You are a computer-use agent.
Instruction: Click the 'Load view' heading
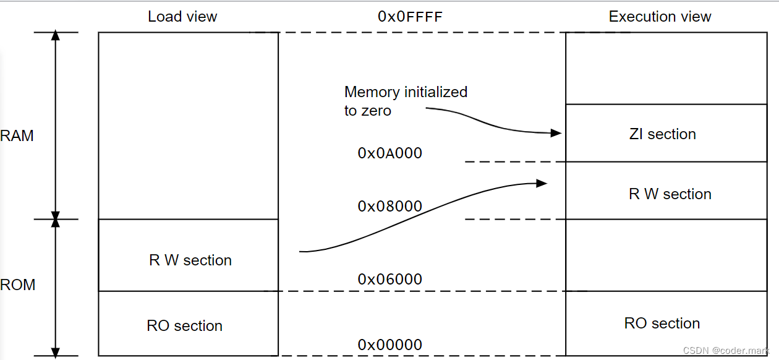click(x=182, y=17)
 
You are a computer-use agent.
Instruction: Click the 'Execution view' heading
click(x=660, y=17)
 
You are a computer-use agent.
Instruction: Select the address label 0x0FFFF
click(x=410, y=17)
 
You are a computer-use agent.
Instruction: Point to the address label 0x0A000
click(x=389, y=153)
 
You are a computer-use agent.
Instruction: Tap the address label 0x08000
click(x=389, y=206)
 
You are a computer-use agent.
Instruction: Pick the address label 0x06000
click(x=389, y=279)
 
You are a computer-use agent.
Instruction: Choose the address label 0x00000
click(x=389, y=345)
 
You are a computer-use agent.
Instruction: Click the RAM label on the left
click(x=17, y=136)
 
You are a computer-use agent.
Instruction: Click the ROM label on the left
click(x=17, y=285)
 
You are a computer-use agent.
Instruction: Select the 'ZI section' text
click(x=662, y=134)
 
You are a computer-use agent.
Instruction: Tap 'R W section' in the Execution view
click(x=670, y=194)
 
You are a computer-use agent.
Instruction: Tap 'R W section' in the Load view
click(x=190, y=260)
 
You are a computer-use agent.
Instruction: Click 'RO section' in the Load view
click(x=184, y=326)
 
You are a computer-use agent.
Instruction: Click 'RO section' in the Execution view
click(x=662, y=324)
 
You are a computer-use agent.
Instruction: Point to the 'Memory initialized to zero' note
click(x=406, y=101)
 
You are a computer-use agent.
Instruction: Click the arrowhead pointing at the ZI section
click(x=556, y=133)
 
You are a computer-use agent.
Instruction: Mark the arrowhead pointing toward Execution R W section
click(x=542, y=183)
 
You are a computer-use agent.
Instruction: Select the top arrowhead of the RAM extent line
click(x=56, y=36)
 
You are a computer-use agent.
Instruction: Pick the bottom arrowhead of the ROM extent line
click(x=56, y=352)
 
